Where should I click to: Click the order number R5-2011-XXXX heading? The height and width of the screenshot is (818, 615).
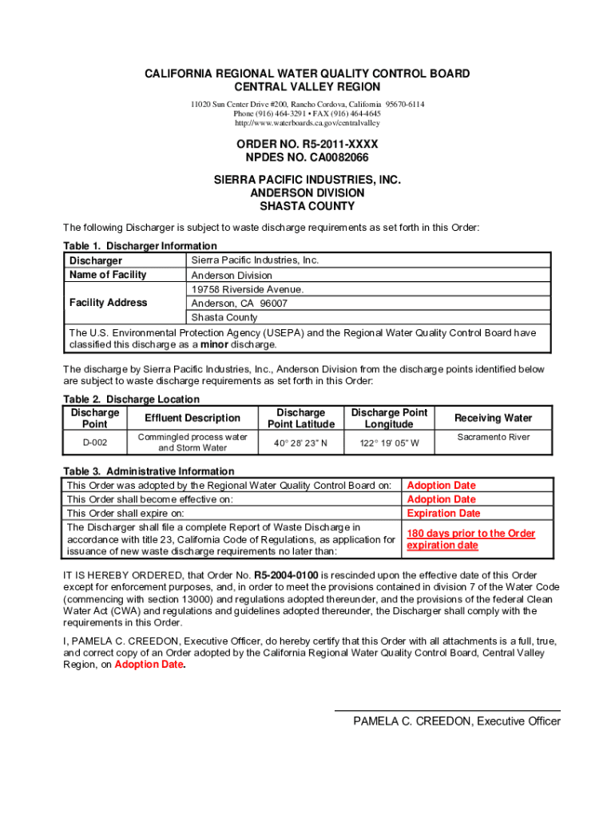[307, 144]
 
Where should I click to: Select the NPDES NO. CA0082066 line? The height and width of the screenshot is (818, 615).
[307, 157]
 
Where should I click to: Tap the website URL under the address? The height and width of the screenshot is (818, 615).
[307, 124]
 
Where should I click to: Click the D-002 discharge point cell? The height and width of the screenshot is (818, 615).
[95, 442]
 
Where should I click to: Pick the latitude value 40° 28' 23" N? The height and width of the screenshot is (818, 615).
[300, 442]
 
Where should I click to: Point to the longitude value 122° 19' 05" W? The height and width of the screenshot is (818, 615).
[388, 442]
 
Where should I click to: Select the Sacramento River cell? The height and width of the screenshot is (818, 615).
[493, 437]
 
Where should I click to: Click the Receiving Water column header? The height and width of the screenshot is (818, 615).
[493, 418]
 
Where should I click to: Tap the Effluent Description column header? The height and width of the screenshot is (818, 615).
[192, 418]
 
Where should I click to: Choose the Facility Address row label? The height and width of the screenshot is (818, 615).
[108, 303]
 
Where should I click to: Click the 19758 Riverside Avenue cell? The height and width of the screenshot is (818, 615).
[247, 289]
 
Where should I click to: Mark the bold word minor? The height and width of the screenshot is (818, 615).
[214, 345]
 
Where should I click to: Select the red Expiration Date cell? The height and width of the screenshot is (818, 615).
[443, 513]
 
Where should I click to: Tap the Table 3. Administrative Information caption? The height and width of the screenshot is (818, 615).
[149, 471]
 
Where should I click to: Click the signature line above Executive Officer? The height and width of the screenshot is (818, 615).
[446, 710]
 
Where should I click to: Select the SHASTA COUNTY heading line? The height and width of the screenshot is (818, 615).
[307, 206]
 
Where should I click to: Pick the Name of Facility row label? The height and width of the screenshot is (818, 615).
[108, 275]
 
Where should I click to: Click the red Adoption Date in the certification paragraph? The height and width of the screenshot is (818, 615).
[149, 665]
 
